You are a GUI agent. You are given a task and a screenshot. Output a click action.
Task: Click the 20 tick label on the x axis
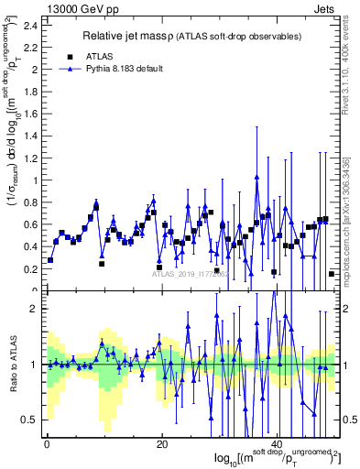tap(162, 444)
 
